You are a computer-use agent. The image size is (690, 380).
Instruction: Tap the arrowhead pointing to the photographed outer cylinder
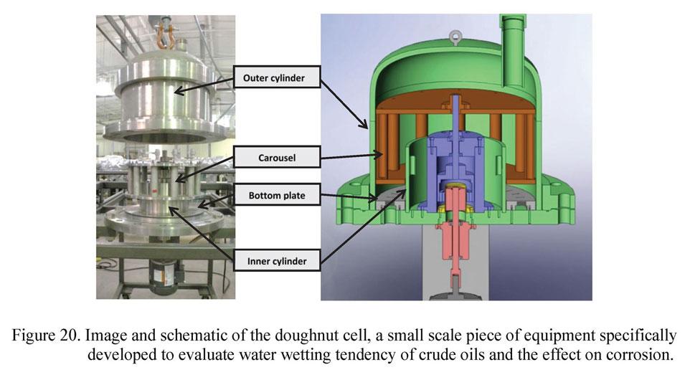point(176,91)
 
